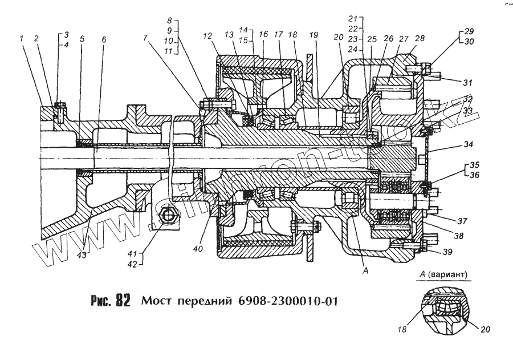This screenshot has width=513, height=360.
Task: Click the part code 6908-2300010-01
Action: click(x=290, y=300)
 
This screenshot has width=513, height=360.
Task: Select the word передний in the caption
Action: click(x=203, y=301)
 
